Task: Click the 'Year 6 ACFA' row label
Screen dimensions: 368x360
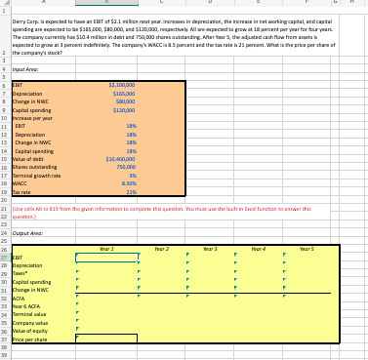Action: (26, 308)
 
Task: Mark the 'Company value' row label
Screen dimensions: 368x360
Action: (28, 324)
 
